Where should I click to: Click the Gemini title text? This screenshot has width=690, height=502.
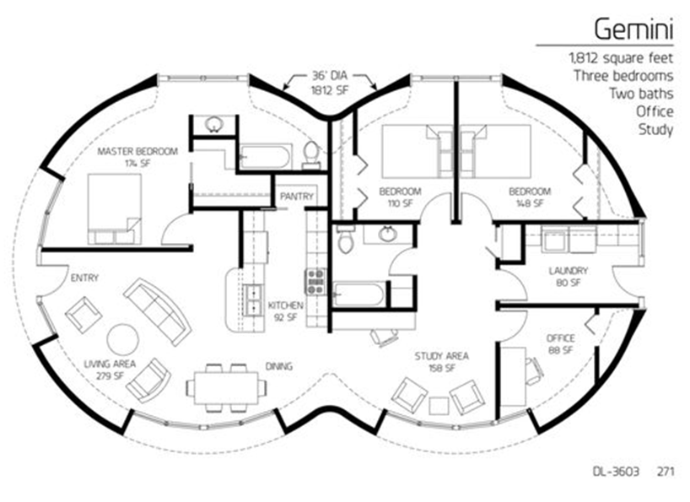(633, 30)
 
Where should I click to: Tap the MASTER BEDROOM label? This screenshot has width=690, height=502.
(137, 151)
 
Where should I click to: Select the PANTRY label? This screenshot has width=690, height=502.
(297, 197)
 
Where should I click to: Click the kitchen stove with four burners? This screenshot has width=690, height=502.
(315, 282)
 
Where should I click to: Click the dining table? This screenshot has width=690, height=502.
(226, 387)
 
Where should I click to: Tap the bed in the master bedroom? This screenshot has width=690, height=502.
(115, 209)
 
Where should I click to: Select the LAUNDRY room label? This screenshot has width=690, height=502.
(568, 271)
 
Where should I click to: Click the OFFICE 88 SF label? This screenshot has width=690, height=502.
(560, 344)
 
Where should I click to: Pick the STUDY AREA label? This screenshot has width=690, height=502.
(441, 356)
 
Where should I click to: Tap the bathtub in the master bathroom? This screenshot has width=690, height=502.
(265, 157)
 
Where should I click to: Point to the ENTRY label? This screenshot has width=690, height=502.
(84, 278)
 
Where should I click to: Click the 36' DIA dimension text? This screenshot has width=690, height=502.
(330, 76)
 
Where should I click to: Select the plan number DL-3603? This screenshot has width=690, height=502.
(615, 472)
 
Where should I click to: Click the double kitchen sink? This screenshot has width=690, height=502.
(253, 300)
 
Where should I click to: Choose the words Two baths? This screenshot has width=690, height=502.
(641, 94)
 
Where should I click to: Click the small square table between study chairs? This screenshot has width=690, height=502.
(439, 405)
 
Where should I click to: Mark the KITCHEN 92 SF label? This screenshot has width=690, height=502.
(286, 310)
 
